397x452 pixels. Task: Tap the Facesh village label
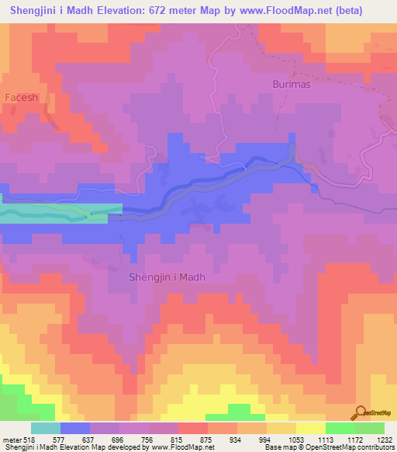point(22,97)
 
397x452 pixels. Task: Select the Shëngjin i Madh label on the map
point(167,277)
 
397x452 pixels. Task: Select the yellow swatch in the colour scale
point(311,428)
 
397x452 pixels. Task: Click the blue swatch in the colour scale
point(74,428)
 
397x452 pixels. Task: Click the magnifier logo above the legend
point(360,413)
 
